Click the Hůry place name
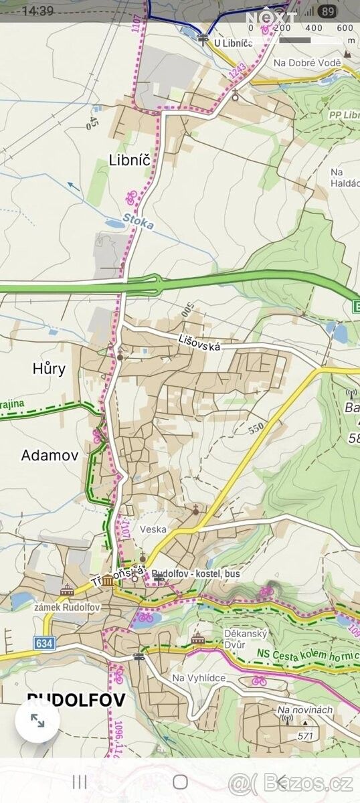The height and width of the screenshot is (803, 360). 49,368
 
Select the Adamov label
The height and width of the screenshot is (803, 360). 50,456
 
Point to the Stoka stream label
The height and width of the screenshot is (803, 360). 138,221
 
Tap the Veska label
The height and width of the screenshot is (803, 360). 153,529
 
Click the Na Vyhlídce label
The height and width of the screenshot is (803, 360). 199,678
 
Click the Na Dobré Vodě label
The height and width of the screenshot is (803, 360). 307,63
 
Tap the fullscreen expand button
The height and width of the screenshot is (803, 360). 37,721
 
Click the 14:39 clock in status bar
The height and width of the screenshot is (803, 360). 37,11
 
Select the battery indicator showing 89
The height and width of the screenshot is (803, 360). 327,11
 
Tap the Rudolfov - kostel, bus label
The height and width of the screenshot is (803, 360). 195,574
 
